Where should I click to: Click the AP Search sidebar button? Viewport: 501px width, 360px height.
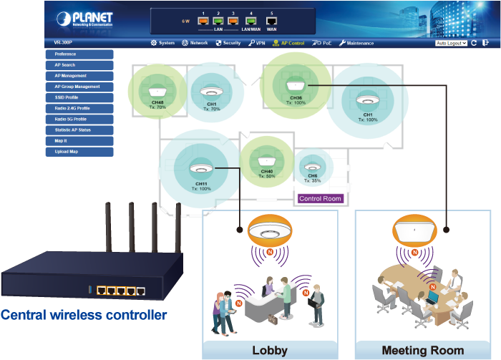[79, 64]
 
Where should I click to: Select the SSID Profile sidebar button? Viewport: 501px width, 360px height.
[79, 97]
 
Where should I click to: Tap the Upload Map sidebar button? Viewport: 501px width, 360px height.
[79, 152]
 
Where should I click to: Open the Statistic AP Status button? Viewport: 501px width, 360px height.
[79, 130]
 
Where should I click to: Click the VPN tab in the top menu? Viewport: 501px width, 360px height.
[256, 43]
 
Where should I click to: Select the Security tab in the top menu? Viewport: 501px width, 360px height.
[228, 43]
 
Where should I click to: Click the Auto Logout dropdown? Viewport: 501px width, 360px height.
[451, 43]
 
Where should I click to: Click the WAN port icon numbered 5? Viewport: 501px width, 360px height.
[271, 21]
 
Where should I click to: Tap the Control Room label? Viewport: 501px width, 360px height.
[321, 199]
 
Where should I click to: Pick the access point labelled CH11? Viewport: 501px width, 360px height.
[200, 170]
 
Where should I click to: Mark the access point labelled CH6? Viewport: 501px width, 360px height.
[312, 165]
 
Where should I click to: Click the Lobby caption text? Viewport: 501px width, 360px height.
[270, 350]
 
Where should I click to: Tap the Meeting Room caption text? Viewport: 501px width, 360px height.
[422, 350]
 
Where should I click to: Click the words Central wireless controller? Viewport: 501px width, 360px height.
[84, 314]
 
